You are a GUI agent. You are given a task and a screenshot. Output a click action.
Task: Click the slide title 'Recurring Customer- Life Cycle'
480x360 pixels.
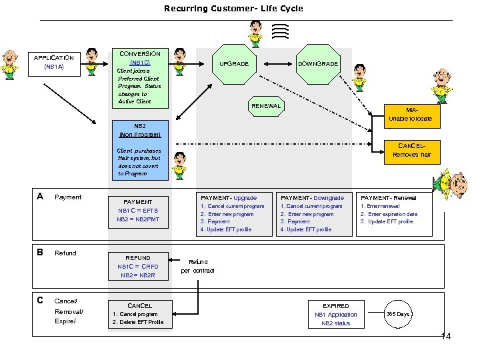coord(233,9)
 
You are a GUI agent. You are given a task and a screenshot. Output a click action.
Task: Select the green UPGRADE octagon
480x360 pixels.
coord(235,64)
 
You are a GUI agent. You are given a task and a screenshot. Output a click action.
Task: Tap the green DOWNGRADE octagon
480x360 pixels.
coord(317,64)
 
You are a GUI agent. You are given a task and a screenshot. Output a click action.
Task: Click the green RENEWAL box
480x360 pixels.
coord(266,106)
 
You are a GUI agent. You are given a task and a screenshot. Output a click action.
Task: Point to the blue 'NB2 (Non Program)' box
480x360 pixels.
coord(139,129)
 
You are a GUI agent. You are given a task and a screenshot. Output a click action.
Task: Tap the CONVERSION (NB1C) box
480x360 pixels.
coord(139,78)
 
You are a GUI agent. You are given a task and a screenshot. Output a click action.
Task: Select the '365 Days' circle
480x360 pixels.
coord(398,314)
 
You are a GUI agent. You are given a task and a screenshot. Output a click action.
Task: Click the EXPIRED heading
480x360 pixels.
coord(335,306)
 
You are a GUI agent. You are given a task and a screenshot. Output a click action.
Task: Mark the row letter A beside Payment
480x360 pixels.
coord(41,197)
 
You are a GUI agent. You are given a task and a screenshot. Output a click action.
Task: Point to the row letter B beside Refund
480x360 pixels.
coord(41,253)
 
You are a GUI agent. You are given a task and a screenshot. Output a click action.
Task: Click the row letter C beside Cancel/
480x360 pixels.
coord(41,301)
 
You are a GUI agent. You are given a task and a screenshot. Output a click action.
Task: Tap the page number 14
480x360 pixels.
coord(446,337)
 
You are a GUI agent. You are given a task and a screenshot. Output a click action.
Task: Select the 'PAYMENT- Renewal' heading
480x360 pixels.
coord(388,198)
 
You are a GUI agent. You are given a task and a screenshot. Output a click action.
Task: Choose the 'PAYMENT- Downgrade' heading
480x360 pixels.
coord(312,198)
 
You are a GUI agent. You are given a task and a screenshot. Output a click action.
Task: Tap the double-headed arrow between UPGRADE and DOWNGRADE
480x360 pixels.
coord(276,64)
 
